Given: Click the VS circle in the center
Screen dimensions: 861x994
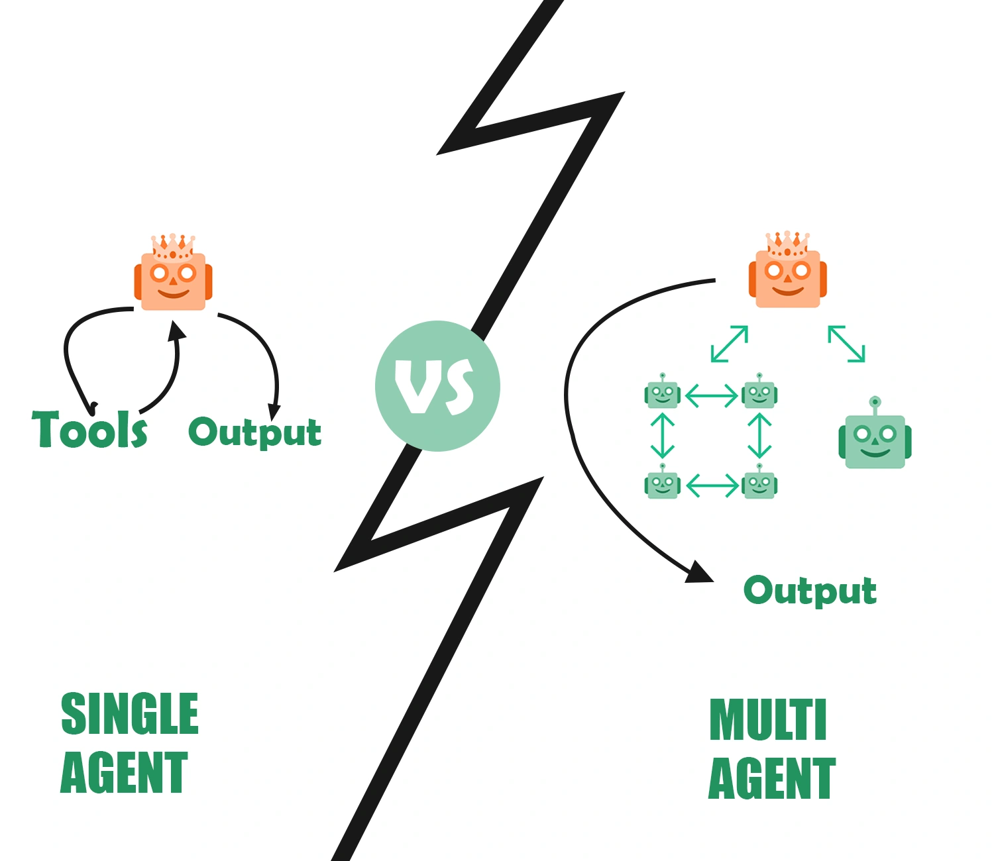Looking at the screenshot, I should coord(437,386).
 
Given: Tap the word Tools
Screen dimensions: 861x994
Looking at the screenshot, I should coord(90,430).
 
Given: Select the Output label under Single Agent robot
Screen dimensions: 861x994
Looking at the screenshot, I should coord(255,432).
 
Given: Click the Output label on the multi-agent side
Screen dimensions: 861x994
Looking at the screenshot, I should coord(810,590).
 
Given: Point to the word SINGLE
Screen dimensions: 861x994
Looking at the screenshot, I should coord(130,713).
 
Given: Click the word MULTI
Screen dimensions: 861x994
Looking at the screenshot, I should coord(768,720).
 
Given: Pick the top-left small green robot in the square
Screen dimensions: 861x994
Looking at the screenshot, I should coord(663,393).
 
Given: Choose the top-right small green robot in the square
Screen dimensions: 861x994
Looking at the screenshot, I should coord(759,393).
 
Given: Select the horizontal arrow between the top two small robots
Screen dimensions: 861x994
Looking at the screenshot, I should coord(711,395).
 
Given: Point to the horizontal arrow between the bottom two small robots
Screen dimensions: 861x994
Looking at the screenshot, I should coord(712,485).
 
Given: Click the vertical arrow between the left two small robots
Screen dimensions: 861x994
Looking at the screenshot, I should coord(663,436).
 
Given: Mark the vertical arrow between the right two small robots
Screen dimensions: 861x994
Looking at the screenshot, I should coord(759,436).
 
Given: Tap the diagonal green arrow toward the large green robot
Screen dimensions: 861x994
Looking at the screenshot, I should coord(846,344).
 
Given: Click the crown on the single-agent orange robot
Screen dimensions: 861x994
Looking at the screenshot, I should coord(173,246).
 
